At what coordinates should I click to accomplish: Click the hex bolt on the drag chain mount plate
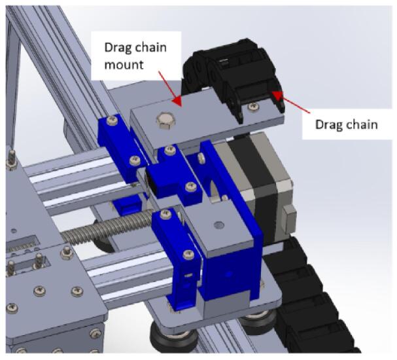click(165, 120)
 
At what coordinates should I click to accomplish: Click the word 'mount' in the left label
click(124, 65)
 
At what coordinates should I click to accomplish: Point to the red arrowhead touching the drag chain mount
click(177, 100)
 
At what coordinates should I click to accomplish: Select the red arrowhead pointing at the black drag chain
click(277, 96)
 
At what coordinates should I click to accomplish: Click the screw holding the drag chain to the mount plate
click(252, 107)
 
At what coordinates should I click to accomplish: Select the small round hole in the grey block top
click(218, 225)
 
